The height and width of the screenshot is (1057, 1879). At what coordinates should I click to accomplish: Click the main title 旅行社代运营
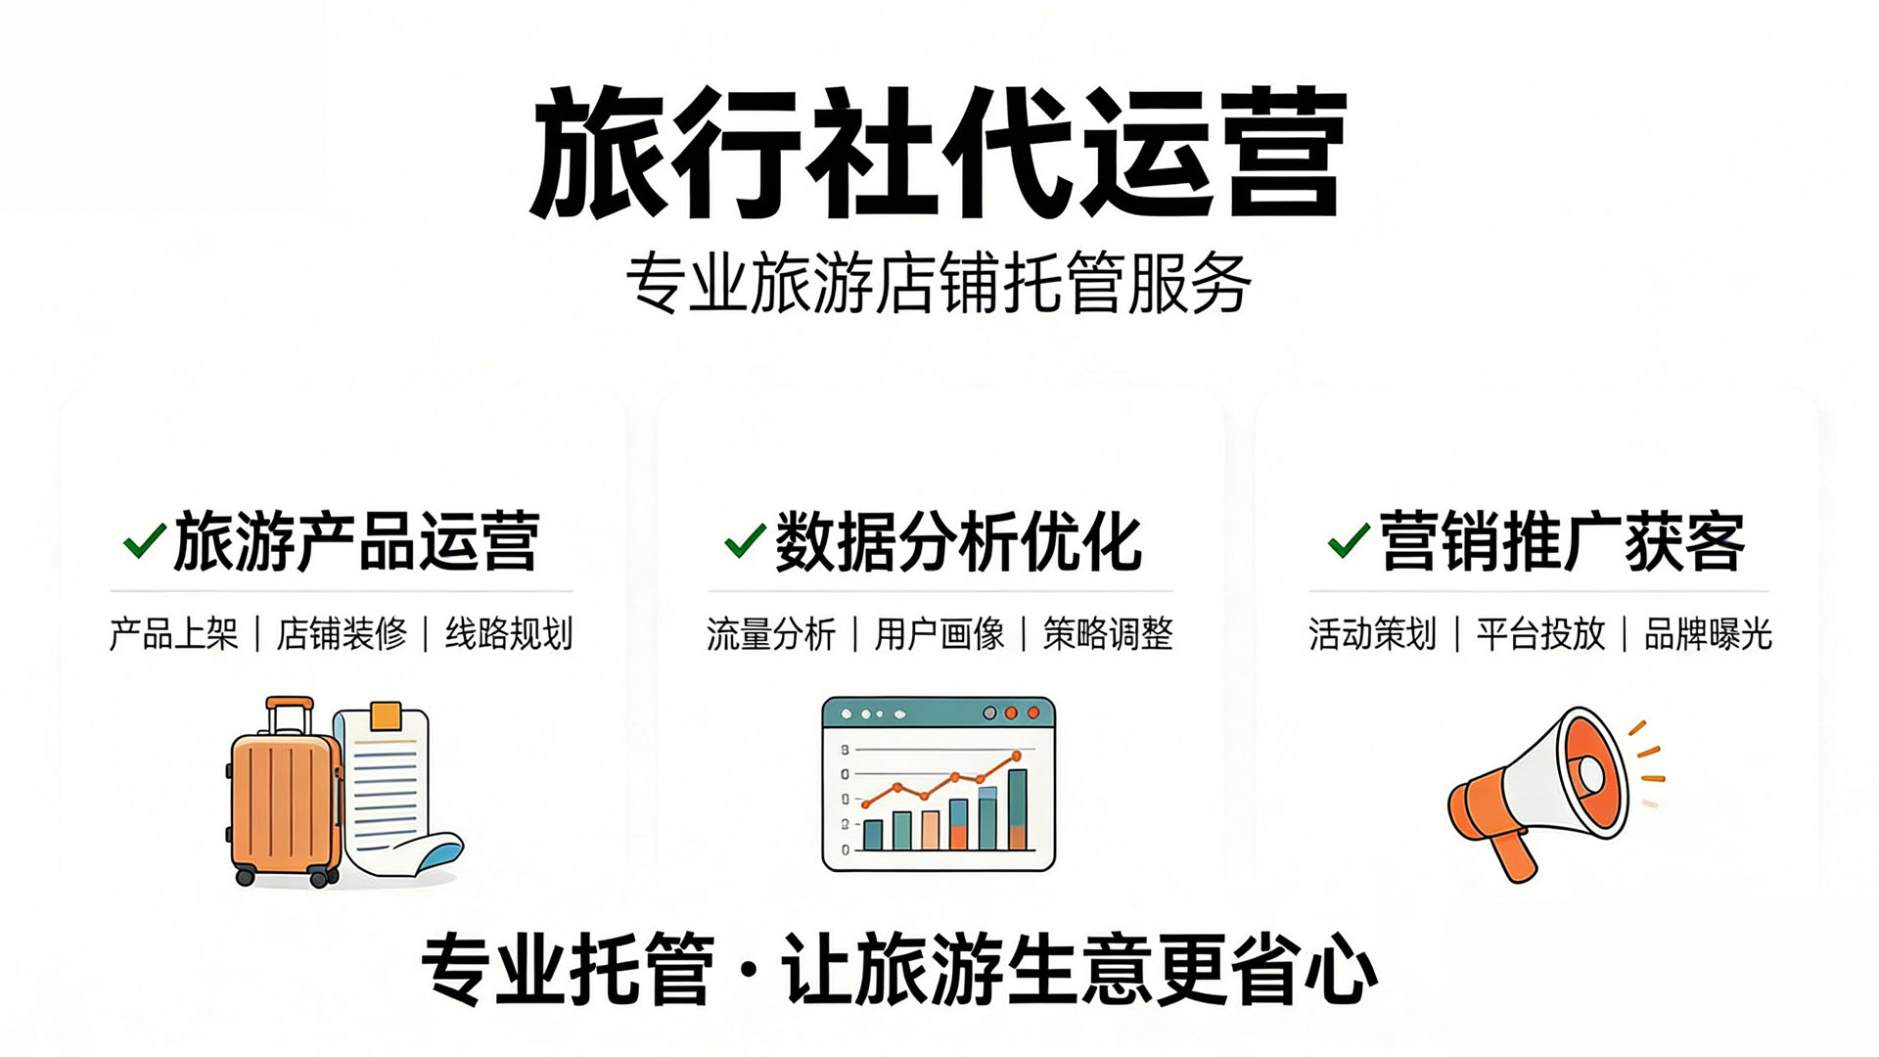(x=938, y=152)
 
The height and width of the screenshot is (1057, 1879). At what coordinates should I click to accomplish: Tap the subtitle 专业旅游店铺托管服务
(x=938, y=284)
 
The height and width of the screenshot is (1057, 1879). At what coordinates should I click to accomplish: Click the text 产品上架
(x=174, y=634)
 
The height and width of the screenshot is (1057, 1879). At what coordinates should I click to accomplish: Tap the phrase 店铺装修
(x=342, y=634)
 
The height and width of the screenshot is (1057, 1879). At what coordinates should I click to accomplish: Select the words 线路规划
(x=509, y=634)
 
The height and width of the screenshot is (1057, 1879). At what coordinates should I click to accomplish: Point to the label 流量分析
(x=771, y=634)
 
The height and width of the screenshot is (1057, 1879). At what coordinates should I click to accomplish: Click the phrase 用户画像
(x=939, y=634)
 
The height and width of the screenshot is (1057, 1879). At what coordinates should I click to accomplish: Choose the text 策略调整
(x=1108, y=634)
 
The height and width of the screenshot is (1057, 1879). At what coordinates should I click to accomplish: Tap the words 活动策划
(x=1372, y=634)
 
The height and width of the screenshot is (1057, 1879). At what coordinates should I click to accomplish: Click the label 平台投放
(x=1540, y=634)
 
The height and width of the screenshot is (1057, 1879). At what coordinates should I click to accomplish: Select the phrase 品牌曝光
(x=1708, y=634)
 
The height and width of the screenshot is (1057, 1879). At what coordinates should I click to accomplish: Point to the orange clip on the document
(x=386, y=715)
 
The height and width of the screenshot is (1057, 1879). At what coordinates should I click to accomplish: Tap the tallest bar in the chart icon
(x=1018, y=809)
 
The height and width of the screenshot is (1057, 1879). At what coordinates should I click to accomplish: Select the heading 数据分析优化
(x=958, y=541)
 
